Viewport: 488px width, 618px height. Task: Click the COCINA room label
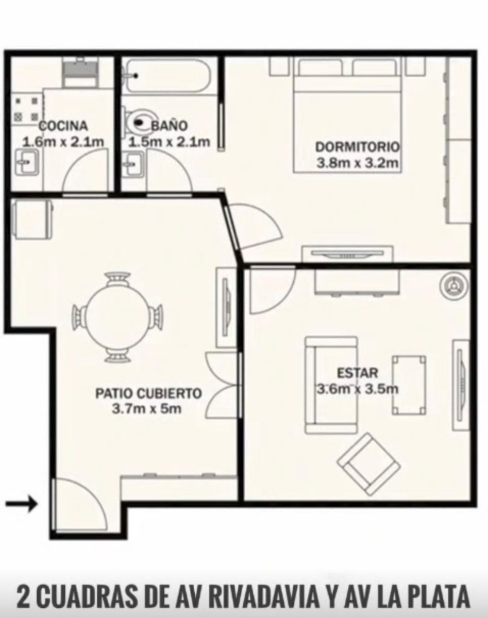coord(63,126)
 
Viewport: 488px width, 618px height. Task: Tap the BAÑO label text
coord(170,126)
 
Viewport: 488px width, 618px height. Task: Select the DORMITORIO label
coord(358,147)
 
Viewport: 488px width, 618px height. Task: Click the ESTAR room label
coord(357,373)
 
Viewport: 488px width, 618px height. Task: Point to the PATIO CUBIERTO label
coord(148,393)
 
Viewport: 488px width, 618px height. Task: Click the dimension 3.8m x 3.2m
coord(358,163)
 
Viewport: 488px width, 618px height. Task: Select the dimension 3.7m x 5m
coord(146,409)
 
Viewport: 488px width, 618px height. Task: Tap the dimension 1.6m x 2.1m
coord(63,142)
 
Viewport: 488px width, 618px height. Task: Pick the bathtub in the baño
coord(168,76)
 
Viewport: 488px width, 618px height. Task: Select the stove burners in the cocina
coord(27,109)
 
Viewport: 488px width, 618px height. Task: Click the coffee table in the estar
coord(409,385)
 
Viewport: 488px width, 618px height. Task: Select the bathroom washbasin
coord(133,164)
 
